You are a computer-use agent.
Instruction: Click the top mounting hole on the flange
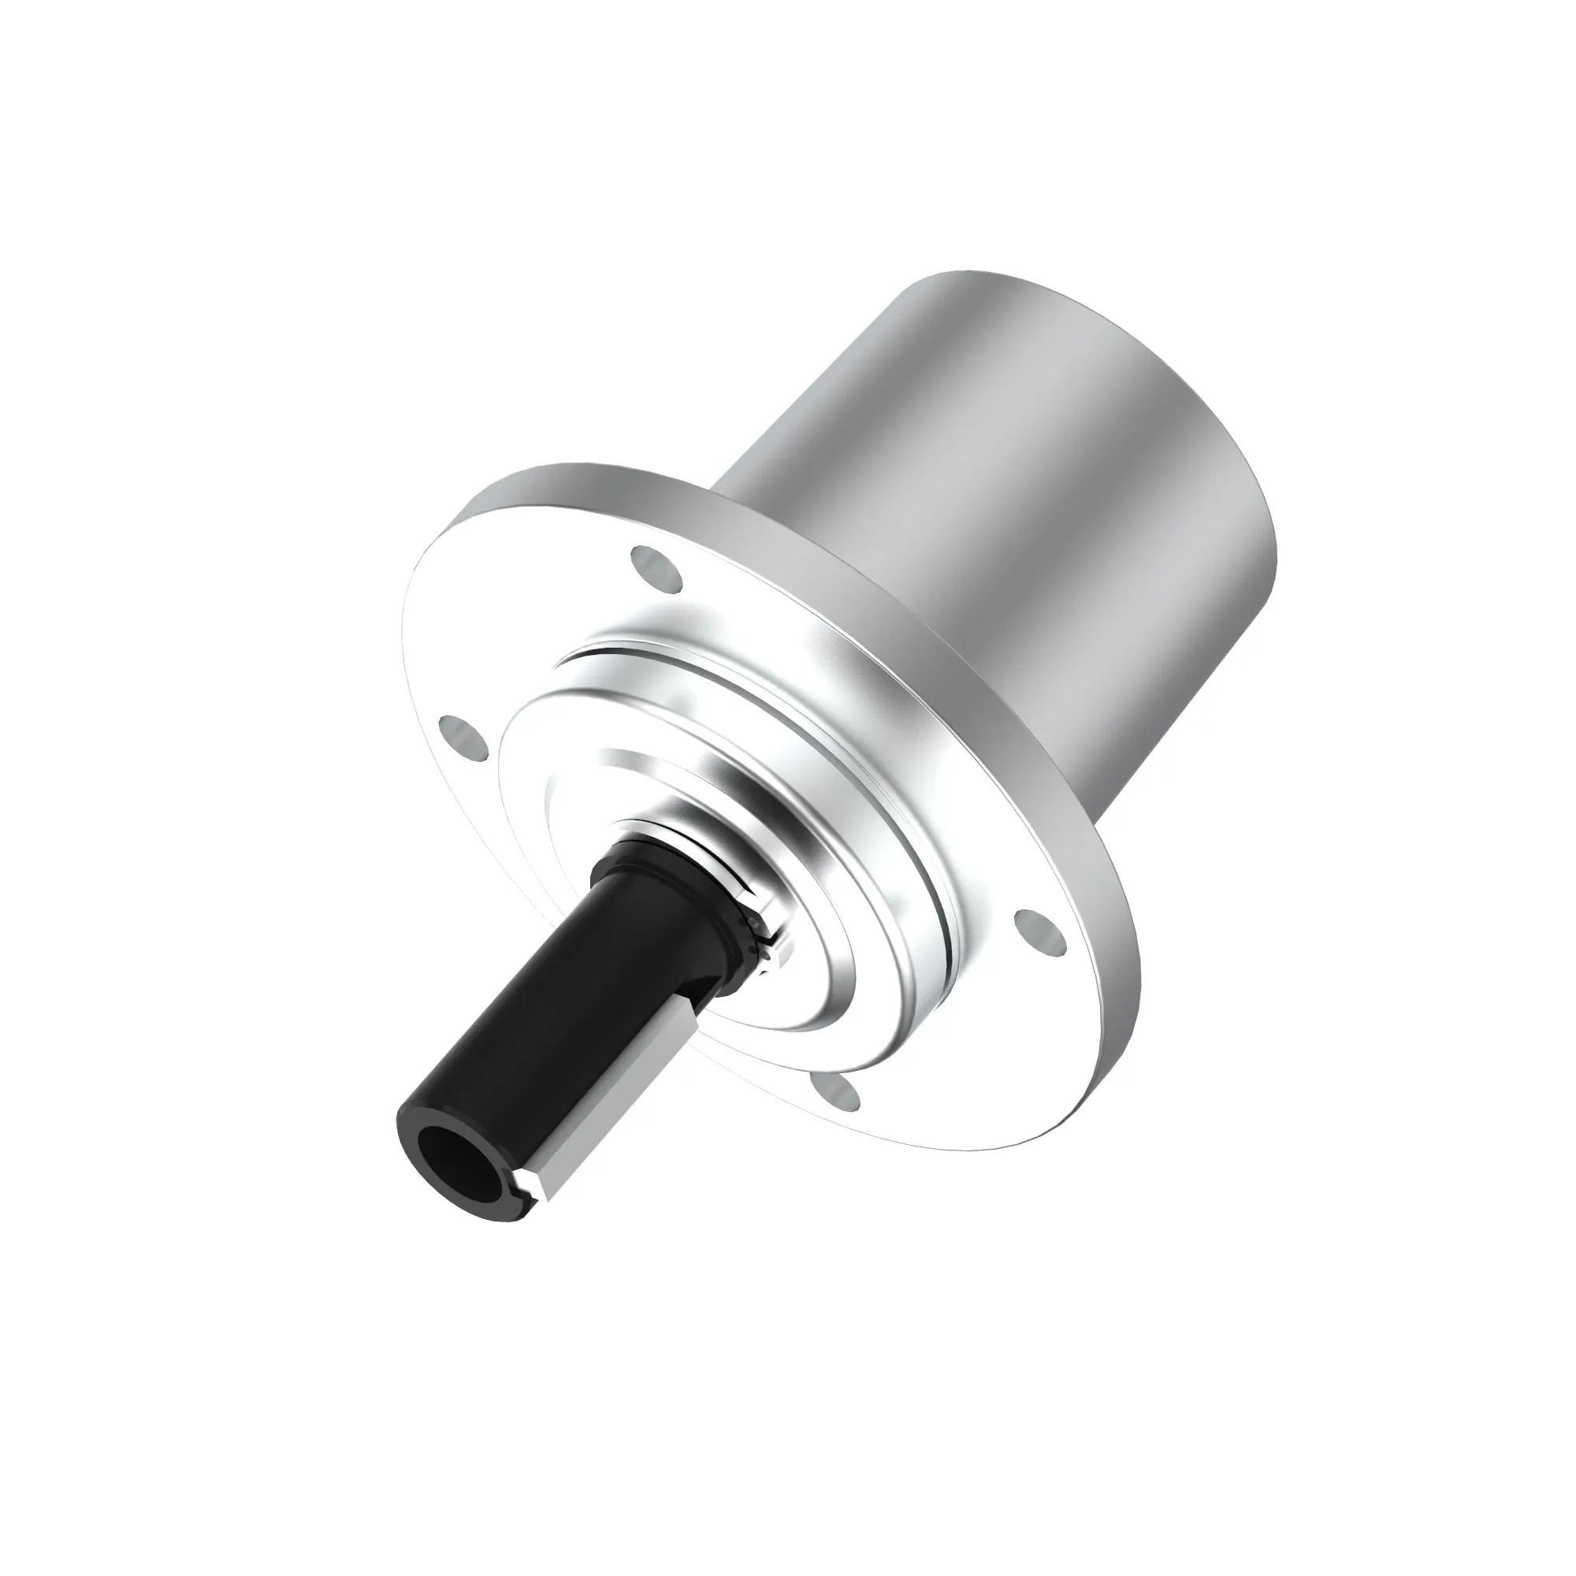656,569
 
